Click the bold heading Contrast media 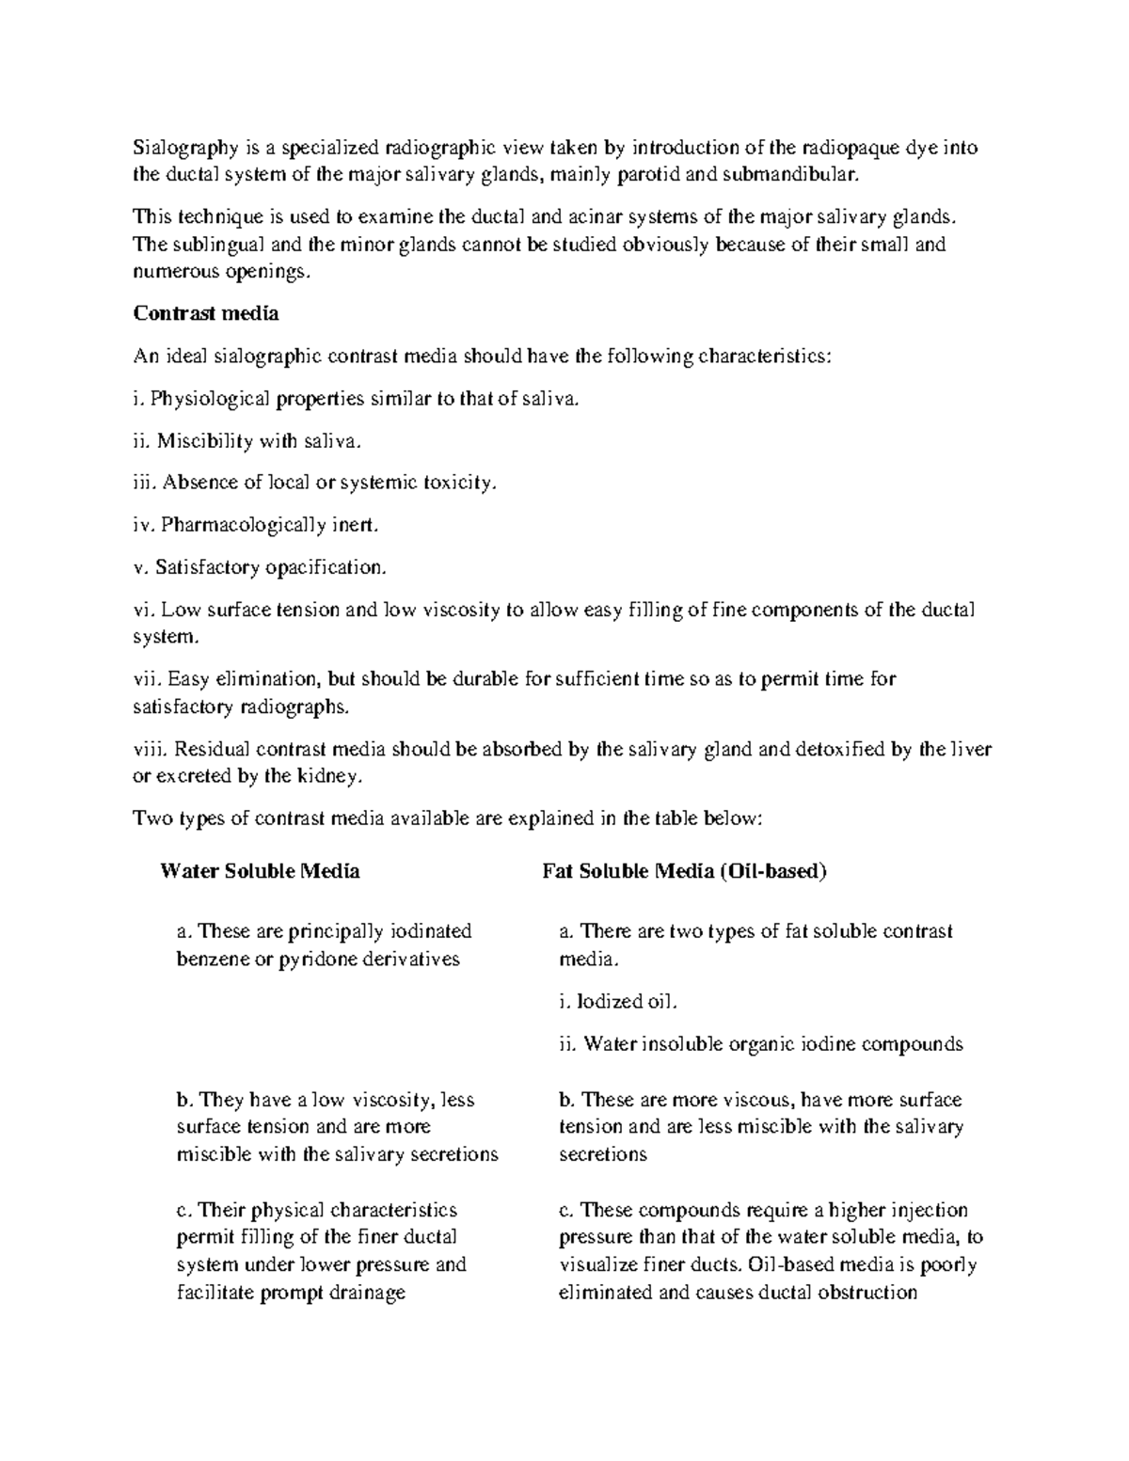tap(206, 313)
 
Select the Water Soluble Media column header tap(260, 871)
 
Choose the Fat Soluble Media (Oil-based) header tap(684, 871)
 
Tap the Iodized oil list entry tap(617, 1001)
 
